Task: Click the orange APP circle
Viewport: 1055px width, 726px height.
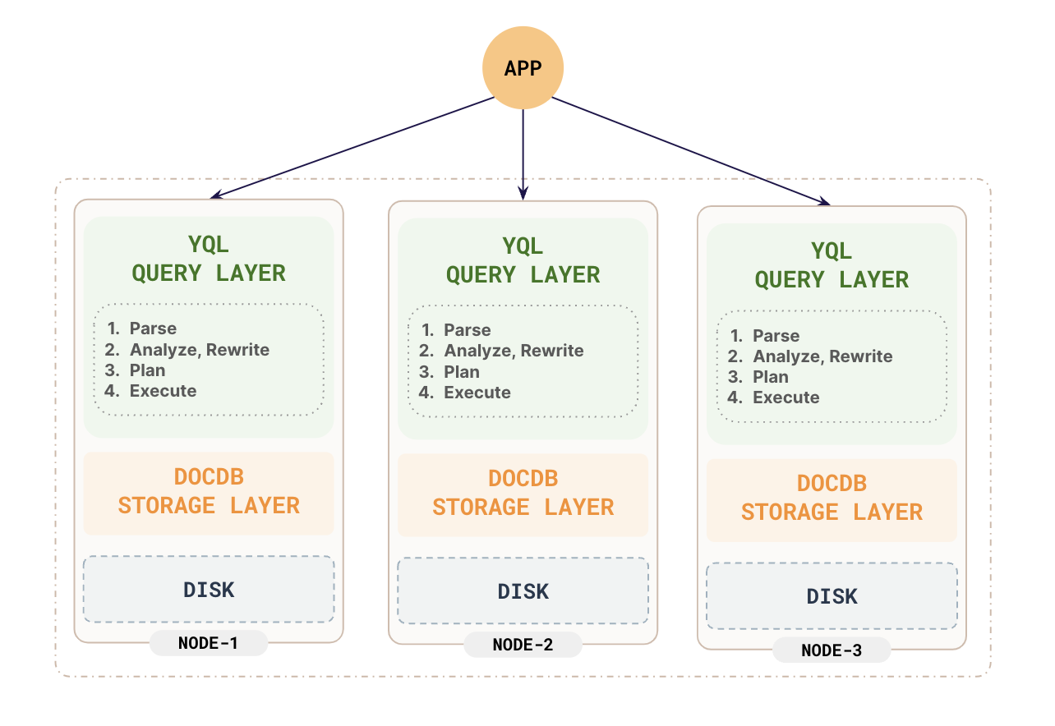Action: click(523, 68)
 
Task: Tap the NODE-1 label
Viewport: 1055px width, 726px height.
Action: click(208, 643)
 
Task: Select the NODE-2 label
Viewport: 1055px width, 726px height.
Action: click(523, 645)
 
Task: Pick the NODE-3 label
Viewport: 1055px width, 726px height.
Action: click(832, 650)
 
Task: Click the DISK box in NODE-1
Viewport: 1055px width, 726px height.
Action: click(209, 590)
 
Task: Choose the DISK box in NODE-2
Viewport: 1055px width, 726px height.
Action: click(523, 591)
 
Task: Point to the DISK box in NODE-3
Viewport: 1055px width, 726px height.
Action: click(832, 596)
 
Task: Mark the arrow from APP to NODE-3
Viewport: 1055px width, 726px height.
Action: click(690, 150)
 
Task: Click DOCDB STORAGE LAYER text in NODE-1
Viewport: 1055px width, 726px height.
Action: click(209, 491)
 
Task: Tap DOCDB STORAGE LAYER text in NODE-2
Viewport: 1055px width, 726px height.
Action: click(523, 493)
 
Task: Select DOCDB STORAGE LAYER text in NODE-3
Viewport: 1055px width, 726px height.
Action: click(832, 498)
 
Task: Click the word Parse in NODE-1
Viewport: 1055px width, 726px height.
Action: click(153, 329)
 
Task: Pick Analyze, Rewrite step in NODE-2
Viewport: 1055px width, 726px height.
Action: click(514, 351)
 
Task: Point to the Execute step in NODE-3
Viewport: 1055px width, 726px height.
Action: click(785, 397)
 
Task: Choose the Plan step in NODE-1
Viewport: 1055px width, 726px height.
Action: click(147, 370)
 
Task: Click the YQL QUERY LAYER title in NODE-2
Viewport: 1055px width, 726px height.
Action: click(523, 260)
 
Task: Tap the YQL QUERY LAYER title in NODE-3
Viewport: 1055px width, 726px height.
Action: click(832, 265)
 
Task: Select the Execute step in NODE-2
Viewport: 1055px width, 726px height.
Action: click(477, 393)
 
